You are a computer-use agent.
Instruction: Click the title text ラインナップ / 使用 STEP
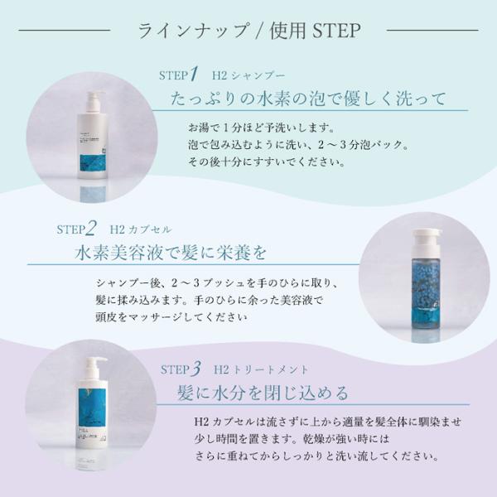click(248, 31)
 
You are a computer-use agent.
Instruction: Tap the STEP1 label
click(178, 75)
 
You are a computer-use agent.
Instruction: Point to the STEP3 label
click(180, 369)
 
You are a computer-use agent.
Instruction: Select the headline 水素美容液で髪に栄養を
click(174, 251)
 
